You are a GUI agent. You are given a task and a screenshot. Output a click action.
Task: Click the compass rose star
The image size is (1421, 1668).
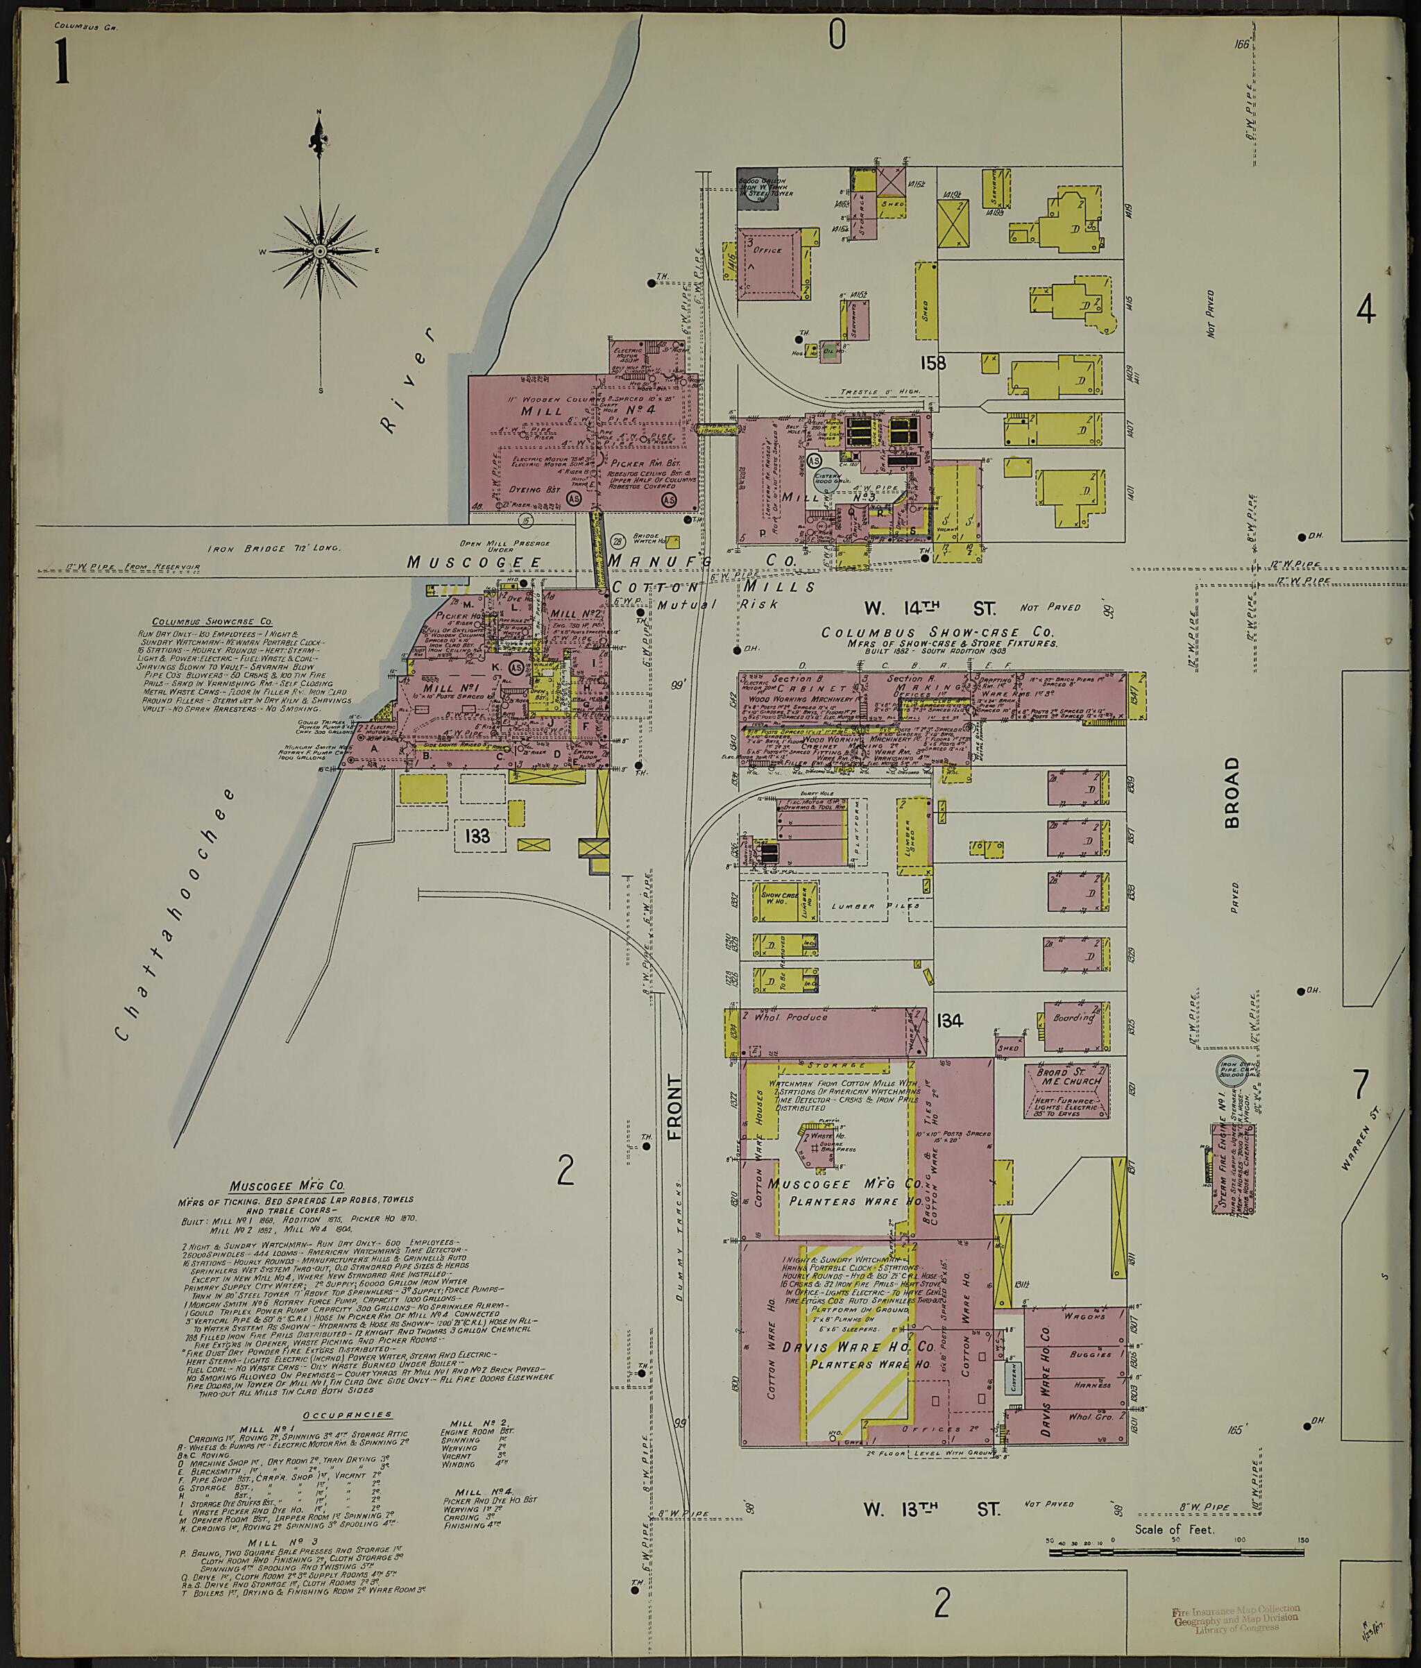pyautogui.click(x=321, y=251)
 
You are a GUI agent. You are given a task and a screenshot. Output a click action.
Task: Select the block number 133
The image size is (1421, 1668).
pyautogui.click(x=477, y=836)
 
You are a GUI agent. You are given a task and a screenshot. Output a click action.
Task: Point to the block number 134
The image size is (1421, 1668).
pyautogui.click(x=950, y=1021)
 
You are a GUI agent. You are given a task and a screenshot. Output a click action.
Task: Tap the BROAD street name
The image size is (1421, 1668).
pyautogui.click(x=1232, y=781)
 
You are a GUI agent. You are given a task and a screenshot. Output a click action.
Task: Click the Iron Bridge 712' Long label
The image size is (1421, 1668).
pyautogui.click(x=274, y=548)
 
